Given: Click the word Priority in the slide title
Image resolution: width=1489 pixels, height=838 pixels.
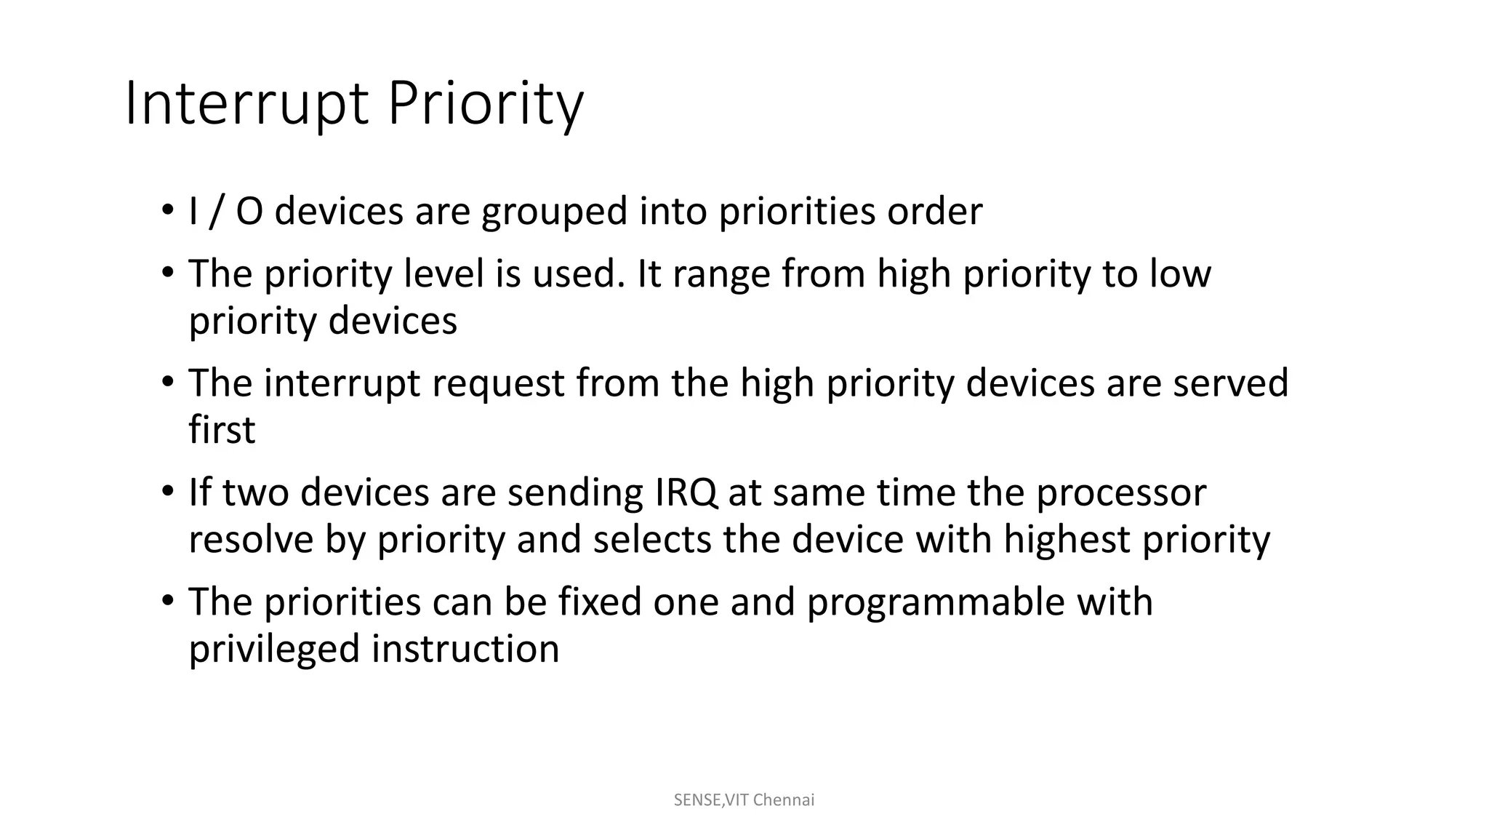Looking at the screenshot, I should point(485,104).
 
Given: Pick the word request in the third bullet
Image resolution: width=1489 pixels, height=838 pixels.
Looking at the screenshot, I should point(498,383).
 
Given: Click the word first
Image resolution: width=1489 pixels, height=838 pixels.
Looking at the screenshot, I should point(222,430).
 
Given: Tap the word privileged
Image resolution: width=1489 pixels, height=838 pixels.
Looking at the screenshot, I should point(274,650).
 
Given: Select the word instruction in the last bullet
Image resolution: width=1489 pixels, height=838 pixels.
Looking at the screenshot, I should point(465,650).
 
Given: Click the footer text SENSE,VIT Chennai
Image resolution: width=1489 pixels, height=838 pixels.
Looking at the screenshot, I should point(744,800).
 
